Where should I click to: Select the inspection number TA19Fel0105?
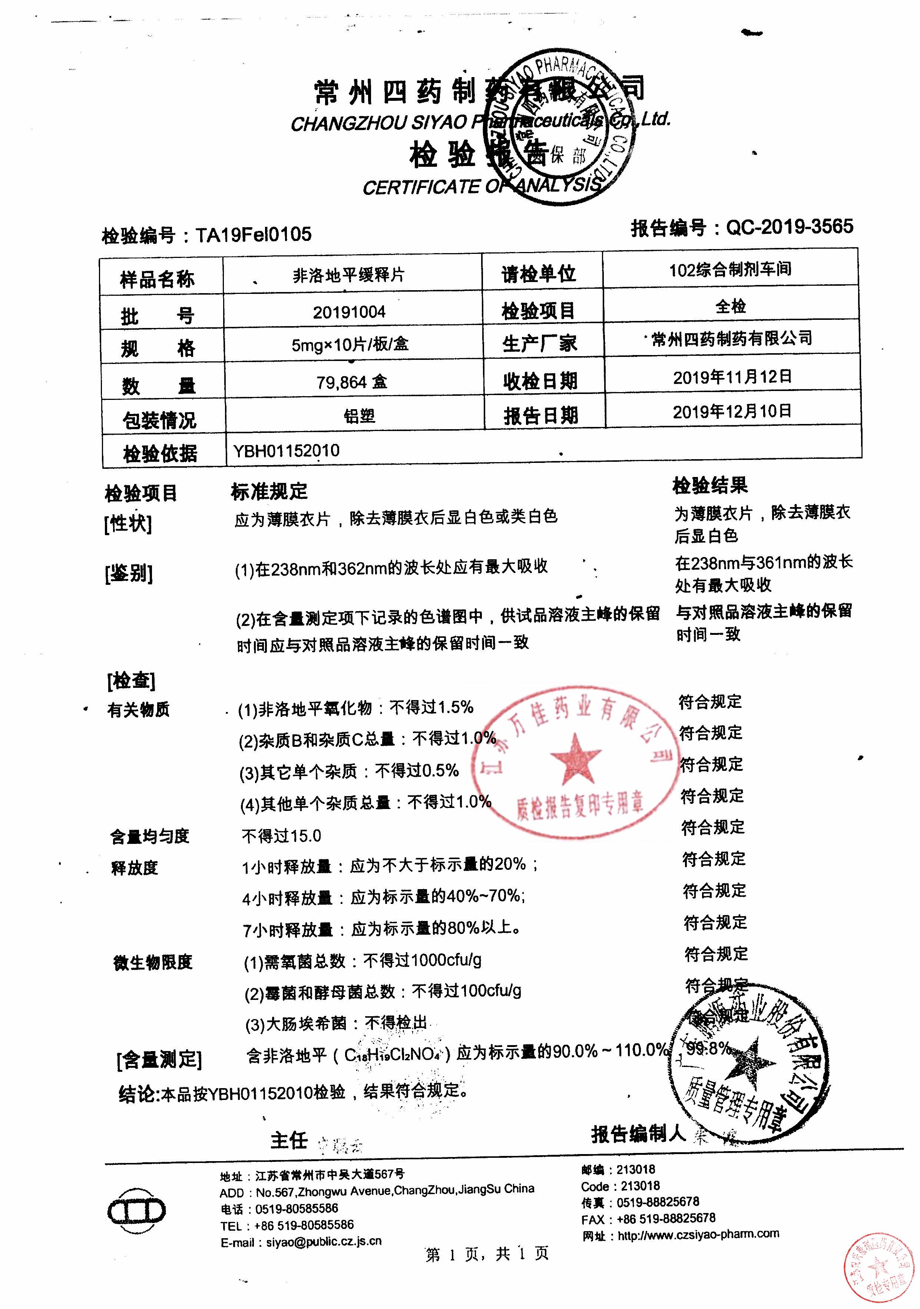254,234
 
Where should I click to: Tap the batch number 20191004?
349,312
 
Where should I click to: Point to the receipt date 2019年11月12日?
732,377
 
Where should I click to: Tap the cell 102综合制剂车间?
730,269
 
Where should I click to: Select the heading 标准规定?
269,491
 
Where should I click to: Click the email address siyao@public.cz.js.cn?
323,1241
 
